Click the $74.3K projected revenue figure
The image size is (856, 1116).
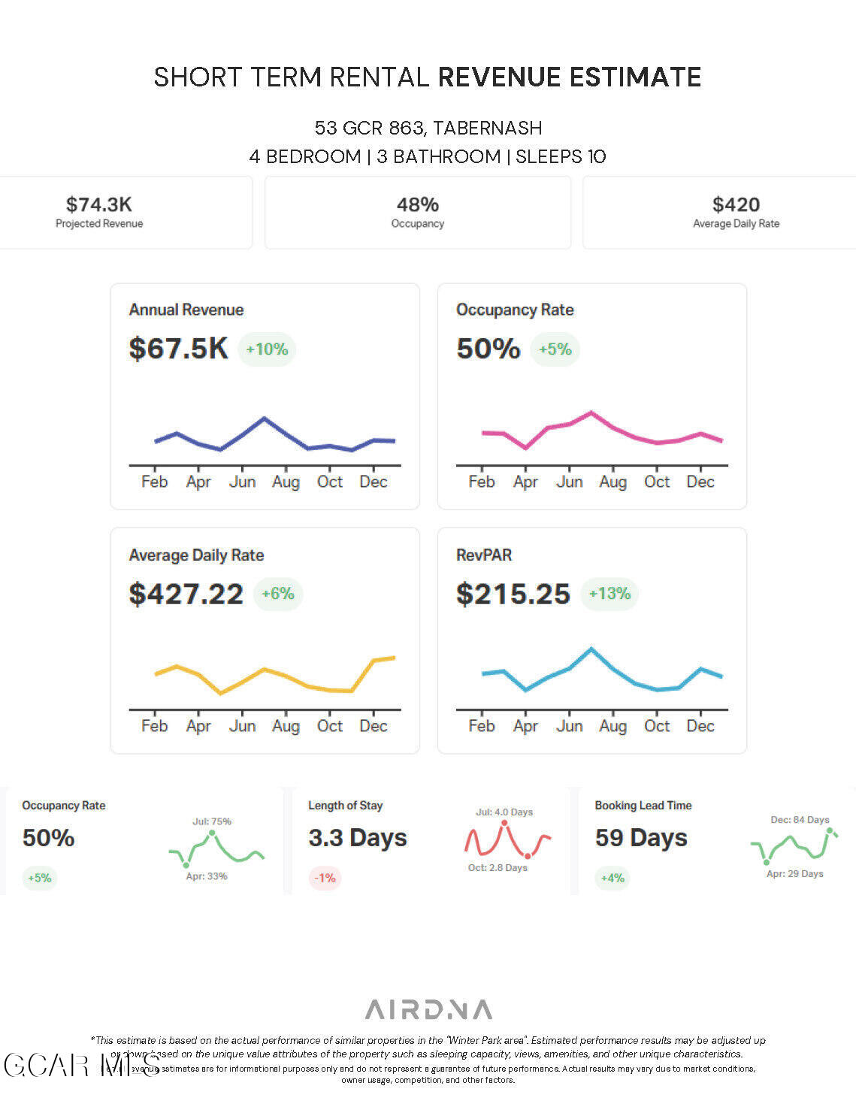pos(98,204)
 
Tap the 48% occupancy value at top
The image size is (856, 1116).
pos(417,204)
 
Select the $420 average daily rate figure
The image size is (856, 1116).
pos(736,204)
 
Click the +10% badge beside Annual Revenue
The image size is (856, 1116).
pos(267,349)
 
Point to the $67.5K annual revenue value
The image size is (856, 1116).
pos(178,349)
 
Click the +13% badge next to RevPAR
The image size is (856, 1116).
pos(609,594)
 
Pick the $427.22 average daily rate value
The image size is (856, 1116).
pos(186,594)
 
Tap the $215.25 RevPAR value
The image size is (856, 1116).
pos(513,594)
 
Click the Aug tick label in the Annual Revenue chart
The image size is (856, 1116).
pos(286,482)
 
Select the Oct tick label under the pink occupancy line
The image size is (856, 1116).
pos(657,482)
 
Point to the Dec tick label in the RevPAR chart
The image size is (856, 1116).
pos(700,727)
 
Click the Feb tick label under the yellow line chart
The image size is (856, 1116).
pos(155,727)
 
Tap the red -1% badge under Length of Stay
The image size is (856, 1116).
pos(325,878)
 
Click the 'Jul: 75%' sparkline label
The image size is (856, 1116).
pos(212,821)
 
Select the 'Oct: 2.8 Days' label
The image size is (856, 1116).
pos(498,868)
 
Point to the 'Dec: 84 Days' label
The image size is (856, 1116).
pos(800,820)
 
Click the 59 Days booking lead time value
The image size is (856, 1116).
pos(641,838)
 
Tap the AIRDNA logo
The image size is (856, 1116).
pos(428,1009)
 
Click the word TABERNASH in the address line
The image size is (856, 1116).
pos(487,128)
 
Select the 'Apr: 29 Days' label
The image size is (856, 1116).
pos(794,874)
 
